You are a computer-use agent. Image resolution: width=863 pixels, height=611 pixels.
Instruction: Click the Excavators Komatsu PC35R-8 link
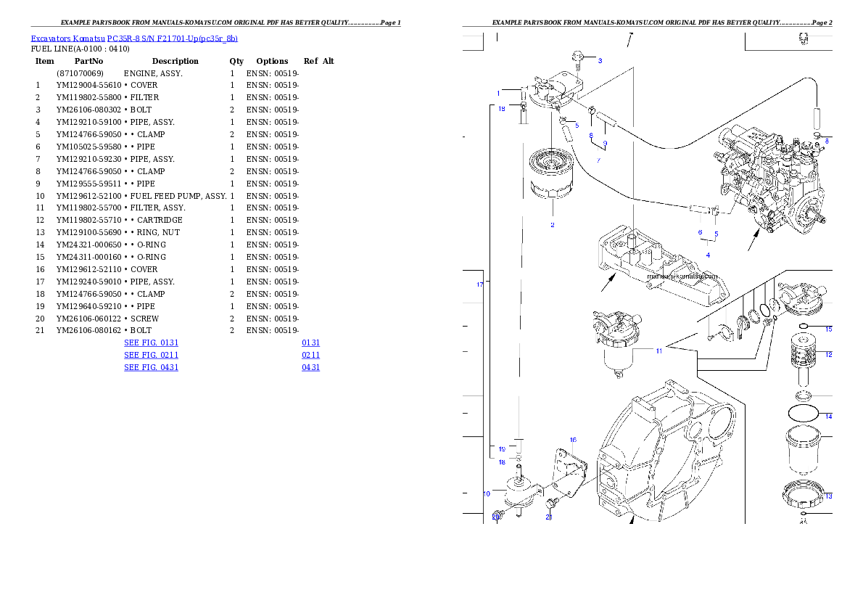[x=134, y=38]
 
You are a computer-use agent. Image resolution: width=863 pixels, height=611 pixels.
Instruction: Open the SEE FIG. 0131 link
[x=151, y=342]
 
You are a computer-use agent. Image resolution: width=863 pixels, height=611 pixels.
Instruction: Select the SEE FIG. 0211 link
[x=151, y=355]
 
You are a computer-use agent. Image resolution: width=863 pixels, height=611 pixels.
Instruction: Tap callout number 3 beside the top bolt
[x=600, y=60]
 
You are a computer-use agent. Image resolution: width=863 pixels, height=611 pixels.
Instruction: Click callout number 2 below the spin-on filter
[x=552, y=225]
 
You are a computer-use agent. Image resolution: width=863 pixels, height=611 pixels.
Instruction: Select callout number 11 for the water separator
[x=658, y=351]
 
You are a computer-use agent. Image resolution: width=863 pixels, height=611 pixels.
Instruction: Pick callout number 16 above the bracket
[x=572, y=440]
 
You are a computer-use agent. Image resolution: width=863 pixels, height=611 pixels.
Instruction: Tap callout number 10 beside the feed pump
[x=487, y=493]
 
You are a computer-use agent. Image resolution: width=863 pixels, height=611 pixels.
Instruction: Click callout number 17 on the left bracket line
[x=479, y=284]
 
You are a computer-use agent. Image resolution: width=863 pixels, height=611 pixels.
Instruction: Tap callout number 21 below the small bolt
[x=549, y=517]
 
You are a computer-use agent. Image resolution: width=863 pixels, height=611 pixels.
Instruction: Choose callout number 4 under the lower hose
[x=708, y=255]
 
